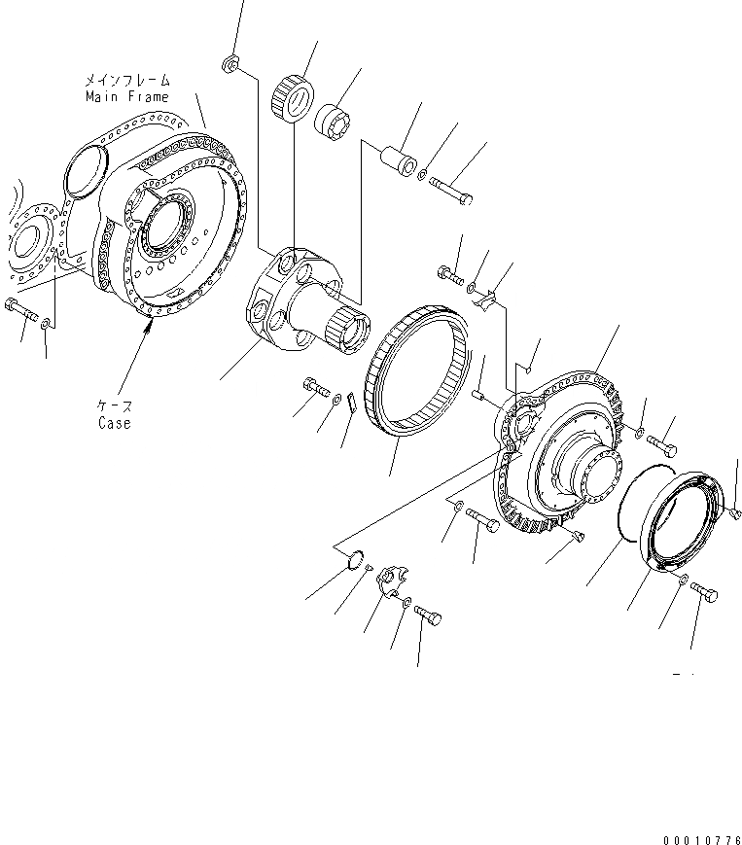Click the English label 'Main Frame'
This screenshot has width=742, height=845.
tap(126, 96)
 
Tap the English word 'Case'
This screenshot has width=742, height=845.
tap(114, 423)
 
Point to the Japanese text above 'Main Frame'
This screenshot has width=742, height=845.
tap(127, 81)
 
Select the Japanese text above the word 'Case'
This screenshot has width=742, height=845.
tap(115, 406)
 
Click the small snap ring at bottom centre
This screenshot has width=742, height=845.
tap(357, 559)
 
